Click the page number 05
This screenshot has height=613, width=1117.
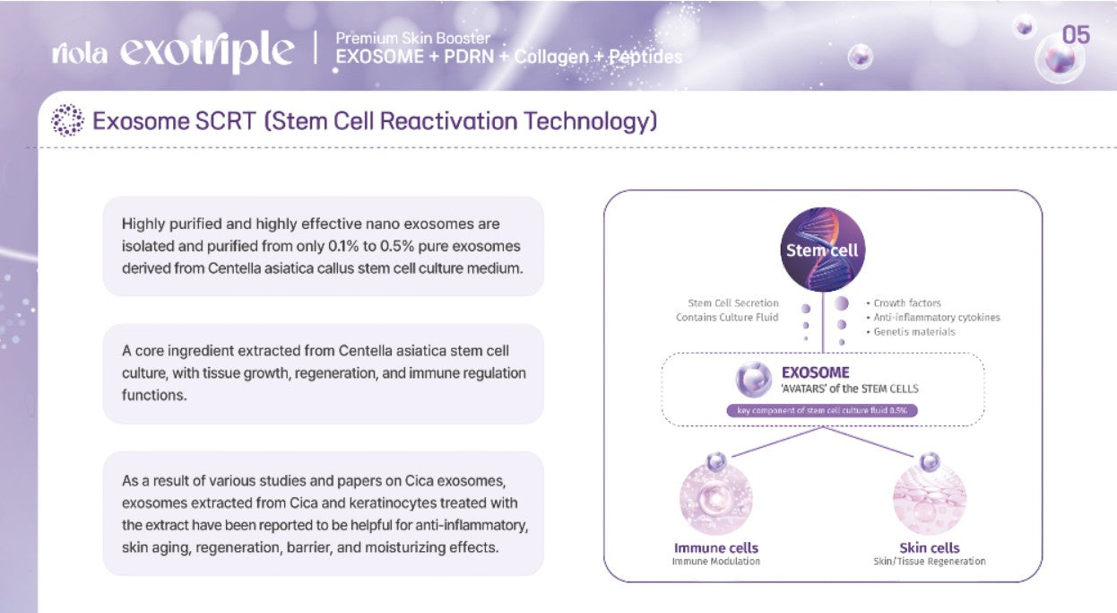(1076, 35)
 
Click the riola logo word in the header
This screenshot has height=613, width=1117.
(80, 53)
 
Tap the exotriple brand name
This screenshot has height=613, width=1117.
(207, 52)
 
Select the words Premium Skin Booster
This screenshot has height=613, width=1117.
(413, 38)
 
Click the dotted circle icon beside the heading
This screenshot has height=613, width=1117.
(68, 119)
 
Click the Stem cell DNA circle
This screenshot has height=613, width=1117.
(823, 250)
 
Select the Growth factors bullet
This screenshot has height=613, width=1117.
(904, 303)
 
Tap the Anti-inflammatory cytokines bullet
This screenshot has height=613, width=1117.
(933, 318)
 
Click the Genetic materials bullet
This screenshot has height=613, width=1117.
(911, 332)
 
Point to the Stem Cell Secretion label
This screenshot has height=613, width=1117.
(733, 303)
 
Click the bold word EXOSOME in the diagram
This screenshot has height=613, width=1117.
(815, 372)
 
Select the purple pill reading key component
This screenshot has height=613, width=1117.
(822, 410)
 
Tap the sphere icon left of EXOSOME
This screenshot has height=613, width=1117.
(754, 380)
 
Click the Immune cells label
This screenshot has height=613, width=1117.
(716, 548)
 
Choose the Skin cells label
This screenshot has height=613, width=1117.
(930, 548)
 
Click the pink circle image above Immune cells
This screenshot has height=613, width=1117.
(716, 499)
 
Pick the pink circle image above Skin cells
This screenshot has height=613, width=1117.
(930, 499)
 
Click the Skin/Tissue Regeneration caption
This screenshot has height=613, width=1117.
(930, 562)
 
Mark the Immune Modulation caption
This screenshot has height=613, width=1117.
(716, 562)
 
